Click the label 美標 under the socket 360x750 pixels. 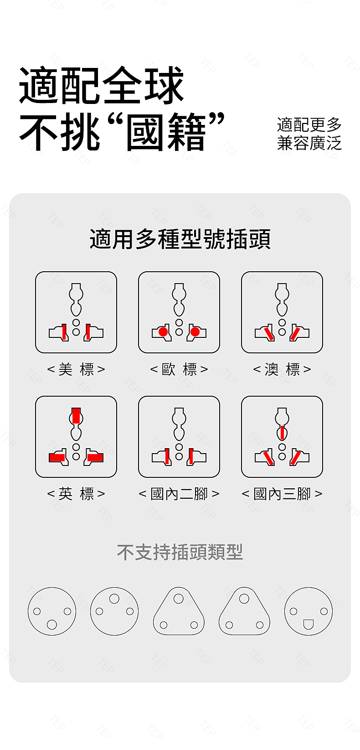point(76,369)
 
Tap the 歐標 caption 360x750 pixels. point(179,369)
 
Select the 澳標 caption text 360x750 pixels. point(282,369)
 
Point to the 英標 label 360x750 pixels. point(76,493)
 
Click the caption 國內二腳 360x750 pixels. point(179,493)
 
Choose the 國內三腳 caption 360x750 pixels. point(282,493)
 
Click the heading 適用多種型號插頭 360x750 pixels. point(180,239)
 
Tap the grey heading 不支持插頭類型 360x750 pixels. point(180,552)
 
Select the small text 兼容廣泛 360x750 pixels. point(309,143)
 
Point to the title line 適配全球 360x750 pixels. point(101,85)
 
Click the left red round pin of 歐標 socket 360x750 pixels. point(163,332)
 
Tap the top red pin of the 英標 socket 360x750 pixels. point(76,415)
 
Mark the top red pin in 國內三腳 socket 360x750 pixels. point(283,432)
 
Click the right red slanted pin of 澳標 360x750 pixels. point(295,334)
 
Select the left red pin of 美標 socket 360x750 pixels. point(63,332)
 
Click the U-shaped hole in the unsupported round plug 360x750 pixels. point(308,624)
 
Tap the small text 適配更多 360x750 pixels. point(309,124)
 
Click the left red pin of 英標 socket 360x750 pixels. point(57,457)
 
